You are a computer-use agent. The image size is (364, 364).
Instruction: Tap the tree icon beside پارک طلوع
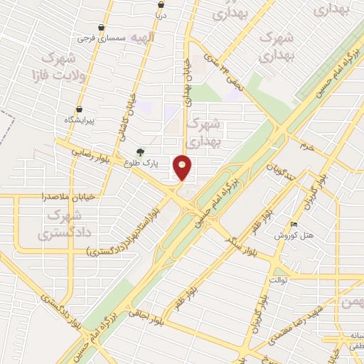[140, 152]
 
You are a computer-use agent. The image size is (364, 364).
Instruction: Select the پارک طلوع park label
[140, 163]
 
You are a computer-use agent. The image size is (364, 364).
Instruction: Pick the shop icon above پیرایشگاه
[79, 109]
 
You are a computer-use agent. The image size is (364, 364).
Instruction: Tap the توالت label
[277, 279]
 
